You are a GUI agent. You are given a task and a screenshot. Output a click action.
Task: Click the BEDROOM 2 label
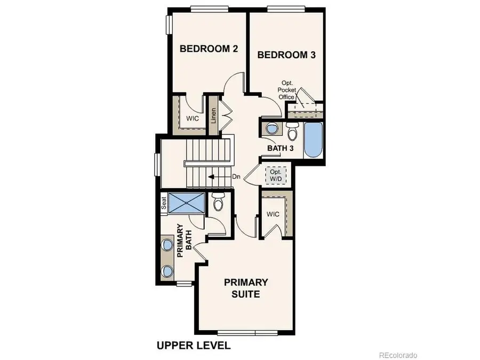(x=209, y=49)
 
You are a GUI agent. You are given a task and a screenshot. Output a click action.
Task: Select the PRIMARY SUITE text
(x=246, y=287)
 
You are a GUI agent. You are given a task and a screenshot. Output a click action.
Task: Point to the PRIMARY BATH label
(x=183, y=240)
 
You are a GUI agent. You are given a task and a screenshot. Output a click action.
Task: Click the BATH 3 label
(x=281, y=148)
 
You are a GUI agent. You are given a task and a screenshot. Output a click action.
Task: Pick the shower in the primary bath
(x=187, y=203)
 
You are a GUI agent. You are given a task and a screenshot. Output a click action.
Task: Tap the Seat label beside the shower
(x=164, y=203)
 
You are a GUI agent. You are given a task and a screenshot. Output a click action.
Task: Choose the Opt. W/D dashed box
(x=276, y=175)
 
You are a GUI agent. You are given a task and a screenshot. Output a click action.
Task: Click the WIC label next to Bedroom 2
(x=193, y=118)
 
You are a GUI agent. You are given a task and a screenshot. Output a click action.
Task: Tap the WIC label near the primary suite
(x=273, y=214)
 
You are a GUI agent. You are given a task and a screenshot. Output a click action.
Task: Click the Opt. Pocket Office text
(x=286, y=90)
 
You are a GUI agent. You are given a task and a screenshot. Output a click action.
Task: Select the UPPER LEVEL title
(x=193, y=345)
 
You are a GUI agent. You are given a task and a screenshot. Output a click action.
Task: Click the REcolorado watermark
(x=398, y=355)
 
